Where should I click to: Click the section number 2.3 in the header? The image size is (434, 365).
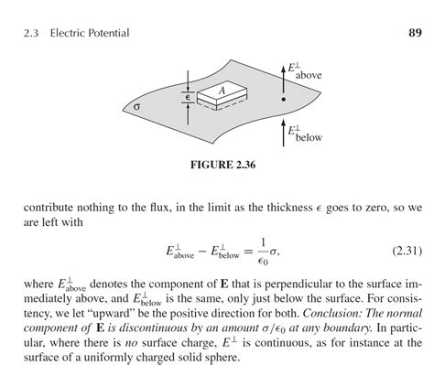click(x=29, y=34)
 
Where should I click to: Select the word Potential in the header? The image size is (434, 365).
click(x=105, y=34)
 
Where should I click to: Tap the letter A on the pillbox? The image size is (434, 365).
click(x=220, y=91)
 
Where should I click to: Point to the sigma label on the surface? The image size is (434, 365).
click(x=137, y=107)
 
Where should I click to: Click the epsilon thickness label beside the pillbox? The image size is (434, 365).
click(x=187, y=94)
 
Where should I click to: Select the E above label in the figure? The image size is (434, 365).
click(x=301, y=70)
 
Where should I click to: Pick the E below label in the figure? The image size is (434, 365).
click(x=301, y=134)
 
